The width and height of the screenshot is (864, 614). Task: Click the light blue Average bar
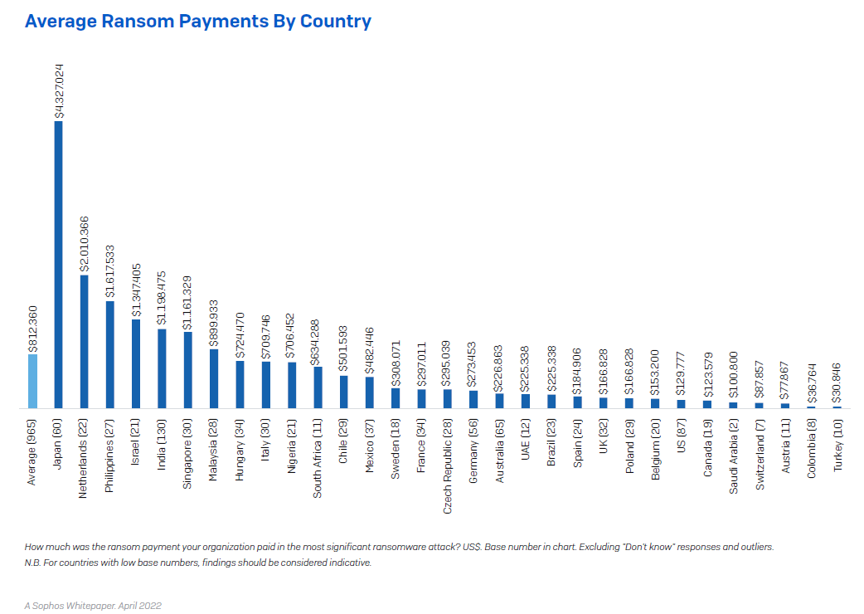[x=32, y=382]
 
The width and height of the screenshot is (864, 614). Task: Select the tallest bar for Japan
[x=58, y=266]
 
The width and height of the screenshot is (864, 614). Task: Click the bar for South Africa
[x=318, y=387]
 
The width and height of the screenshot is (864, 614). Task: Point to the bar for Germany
[x=473, y=399]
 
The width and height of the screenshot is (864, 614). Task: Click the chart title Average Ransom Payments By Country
[x=198, y=22]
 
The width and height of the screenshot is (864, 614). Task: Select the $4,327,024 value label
[x=59, y=91]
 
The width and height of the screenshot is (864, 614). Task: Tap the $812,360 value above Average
[x=33, y=328]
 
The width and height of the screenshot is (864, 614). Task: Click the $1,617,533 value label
[x=110, y=270]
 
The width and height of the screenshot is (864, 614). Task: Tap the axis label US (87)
[x=681, y=441]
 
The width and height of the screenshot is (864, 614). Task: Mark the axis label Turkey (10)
[x=837, y=447]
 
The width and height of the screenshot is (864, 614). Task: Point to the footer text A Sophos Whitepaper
[x=92, y=605]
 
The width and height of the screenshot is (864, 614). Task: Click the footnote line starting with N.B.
[x=198, y=563]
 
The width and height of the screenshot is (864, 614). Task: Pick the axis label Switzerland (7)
[x=759, y=456]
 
